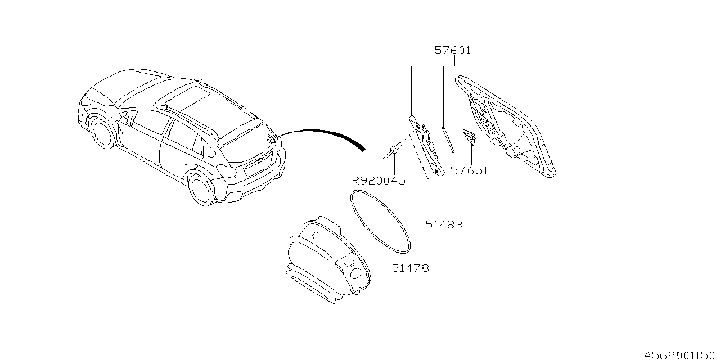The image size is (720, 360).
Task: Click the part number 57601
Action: [x=453, y=51]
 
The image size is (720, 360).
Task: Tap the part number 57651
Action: [x=469, y=170]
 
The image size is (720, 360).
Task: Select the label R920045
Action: [x=379, y=181]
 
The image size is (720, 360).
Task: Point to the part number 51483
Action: [x=444, y=224]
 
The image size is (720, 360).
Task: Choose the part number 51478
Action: [x=411, y=268]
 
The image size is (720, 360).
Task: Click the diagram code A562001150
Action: [x=681, y=355]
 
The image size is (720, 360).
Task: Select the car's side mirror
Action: [x=130, y=120]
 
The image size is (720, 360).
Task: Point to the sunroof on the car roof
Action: [x=188, y=98]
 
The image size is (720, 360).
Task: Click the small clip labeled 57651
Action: [x=469, y=137]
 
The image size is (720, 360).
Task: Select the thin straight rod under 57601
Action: [x=448, y=139]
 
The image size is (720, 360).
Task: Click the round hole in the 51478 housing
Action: [x=355, y=273]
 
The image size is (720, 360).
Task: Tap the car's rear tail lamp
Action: [x=225, y=169]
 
